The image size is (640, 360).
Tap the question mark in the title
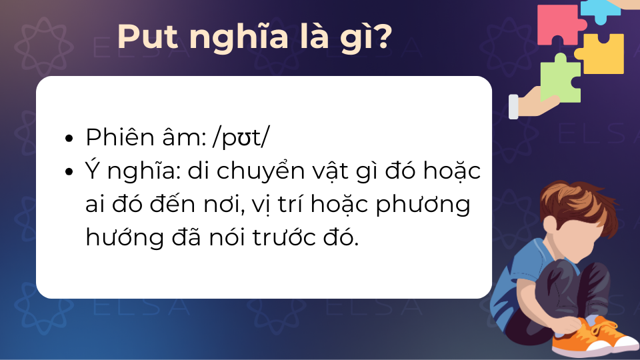point(384,37)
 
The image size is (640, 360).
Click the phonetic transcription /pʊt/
point(241,137)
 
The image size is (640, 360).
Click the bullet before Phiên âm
point(69,138)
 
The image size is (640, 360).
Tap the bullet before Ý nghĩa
point(69,171)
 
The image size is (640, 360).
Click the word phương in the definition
point(423,206)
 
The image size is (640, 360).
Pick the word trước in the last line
point(284,237)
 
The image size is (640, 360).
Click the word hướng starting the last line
point(125,238)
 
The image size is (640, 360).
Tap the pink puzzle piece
point(560,25)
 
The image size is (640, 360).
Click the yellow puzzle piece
point(601,54)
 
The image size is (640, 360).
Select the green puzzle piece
point(560,79)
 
